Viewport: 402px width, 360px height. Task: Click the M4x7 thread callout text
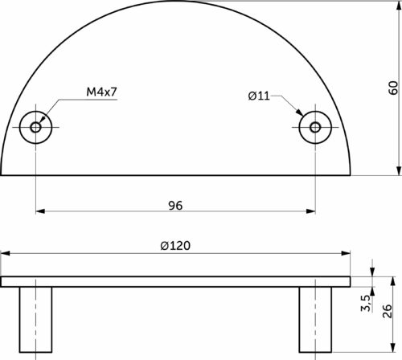pos(101,92)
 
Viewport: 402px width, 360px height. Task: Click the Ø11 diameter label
pos(259,96)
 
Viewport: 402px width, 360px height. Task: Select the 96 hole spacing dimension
pos(175,206)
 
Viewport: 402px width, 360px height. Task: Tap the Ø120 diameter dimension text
pos(175,246)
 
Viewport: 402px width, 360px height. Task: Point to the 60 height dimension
pos(393,88)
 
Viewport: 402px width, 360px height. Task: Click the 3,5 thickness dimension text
pos(366,303)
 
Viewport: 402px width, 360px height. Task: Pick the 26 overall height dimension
pos(388,311)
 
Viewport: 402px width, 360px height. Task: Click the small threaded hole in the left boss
pos(35,127)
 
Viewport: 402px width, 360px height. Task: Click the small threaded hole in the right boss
pos(315,127)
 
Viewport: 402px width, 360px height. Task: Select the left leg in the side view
pos(35,320)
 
